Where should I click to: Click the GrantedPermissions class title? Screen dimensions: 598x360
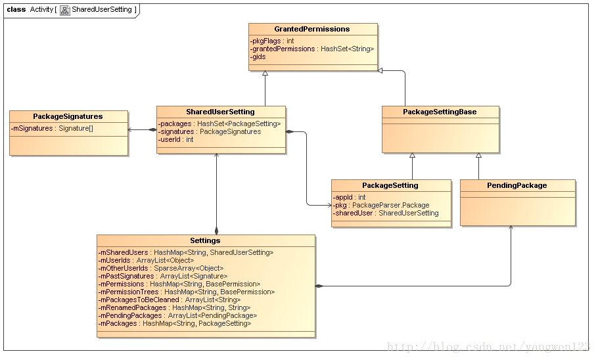click(312, 29)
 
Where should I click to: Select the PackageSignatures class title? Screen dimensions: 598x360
click(68, 116)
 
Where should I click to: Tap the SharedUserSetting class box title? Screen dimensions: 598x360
click(220, 112)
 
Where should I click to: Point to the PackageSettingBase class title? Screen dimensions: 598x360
click(440, 112)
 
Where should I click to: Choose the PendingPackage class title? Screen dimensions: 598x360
click(517, 185)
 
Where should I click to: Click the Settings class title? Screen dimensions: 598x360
click(205, 240)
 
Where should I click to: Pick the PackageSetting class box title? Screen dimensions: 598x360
click(390, 185)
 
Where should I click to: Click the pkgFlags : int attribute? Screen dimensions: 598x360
click(272, 41)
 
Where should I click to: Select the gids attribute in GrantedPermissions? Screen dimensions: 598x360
click(258, 56)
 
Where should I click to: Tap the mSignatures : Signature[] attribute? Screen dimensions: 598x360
click(52, 129)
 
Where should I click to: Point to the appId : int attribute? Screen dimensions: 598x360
click(349, 197)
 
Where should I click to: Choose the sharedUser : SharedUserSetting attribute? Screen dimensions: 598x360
click(386, 214)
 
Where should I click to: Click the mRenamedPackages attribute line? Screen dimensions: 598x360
click(174, 307)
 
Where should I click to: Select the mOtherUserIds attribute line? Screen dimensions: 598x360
click(161, 269)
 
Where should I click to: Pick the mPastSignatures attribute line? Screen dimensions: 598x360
click(163, 276)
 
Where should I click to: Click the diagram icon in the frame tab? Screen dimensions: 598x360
click(65, 11)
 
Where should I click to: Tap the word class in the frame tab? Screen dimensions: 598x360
click(16, 10)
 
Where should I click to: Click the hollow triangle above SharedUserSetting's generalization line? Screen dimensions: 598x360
click(265, 73)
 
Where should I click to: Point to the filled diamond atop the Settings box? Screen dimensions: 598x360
click(217, 231)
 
